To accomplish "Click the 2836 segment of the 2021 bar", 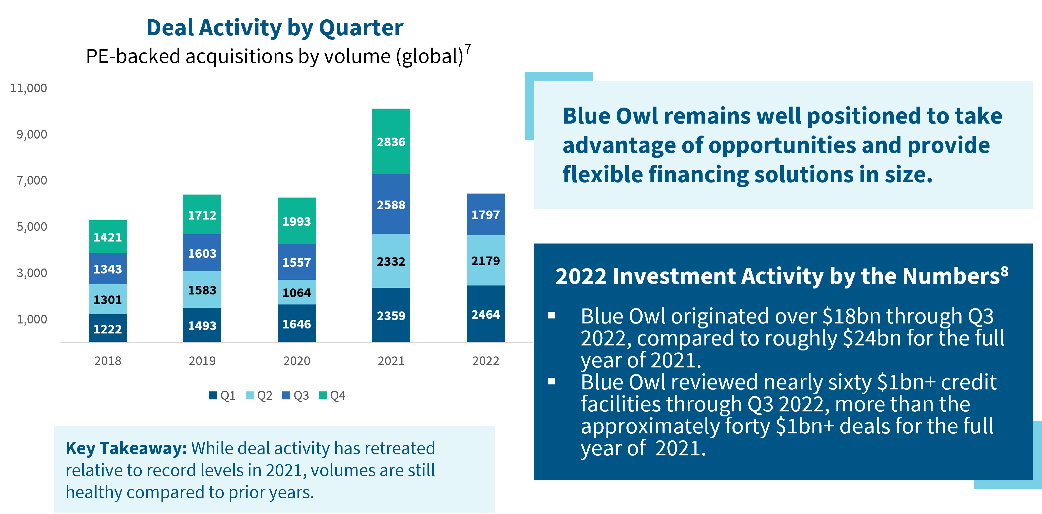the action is click(391, 142).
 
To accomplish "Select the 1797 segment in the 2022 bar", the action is click(485, 215).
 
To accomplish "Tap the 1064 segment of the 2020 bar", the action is click(297, 292).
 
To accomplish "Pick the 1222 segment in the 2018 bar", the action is click(108, 328).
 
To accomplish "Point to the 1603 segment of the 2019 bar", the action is click(202, 253).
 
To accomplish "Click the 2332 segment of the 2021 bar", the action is click(391, 261).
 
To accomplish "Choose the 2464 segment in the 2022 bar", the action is click(485, 314).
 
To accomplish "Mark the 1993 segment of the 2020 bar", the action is click(297, 221).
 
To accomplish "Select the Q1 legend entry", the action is click(222, 395).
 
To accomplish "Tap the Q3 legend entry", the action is click(296, 395).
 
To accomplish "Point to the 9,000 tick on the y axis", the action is click(32, 134).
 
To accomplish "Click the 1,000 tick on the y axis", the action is click(32, 319).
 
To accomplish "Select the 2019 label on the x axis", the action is click(202, 360).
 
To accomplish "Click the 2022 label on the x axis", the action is click(486, 360).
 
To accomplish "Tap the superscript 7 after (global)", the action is click(468, 49).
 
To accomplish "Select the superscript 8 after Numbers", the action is click(1004, 271).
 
